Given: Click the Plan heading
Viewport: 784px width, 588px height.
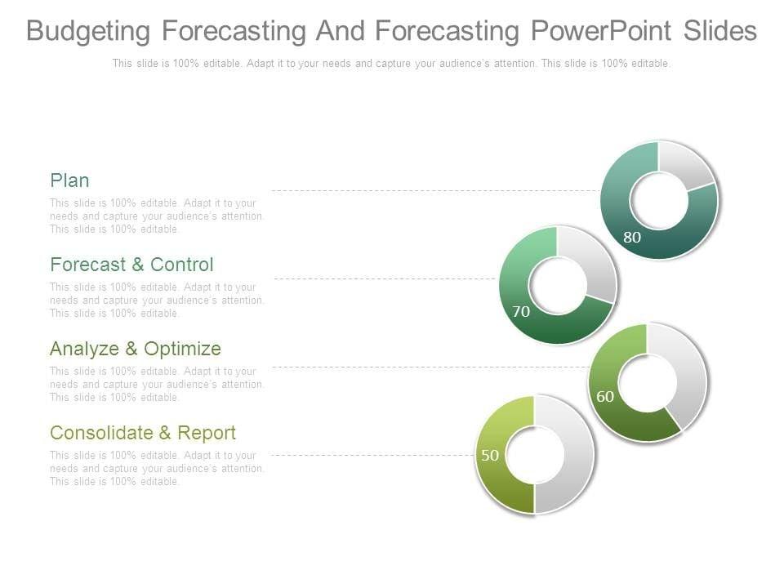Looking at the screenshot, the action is (69, 180).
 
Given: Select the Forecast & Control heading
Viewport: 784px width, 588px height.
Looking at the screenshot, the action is (131, 265).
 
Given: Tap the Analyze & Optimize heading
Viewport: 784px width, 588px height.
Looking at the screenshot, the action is (135, 349).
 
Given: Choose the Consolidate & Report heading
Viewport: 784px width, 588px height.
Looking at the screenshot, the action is (142, 433).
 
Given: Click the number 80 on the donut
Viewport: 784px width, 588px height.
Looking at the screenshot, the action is (632, 237).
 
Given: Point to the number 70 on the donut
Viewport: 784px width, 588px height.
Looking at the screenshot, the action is (521, 311).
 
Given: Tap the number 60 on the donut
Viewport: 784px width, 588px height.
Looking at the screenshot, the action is (605, 397).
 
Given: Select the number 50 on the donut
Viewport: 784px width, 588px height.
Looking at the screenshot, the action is (490, 455).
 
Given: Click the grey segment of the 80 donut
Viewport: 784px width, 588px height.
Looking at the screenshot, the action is (687, 164).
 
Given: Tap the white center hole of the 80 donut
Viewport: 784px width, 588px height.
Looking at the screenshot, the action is (659, 200).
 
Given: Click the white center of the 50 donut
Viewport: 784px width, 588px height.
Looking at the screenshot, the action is (534, 455).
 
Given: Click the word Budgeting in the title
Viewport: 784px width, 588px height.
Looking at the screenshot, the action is (88, 31).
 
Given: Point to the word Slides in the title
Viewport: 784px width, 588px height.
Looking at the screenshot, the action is (720, 30).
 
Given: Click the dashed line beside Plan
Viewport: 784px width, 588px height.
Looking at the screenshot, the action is (436, 190).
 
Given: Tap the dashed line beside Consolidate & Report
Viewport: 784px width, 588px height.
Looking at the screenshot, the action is (372, 455).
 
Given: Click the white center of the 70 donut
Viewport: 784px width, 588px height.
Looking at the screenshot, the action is (558, 286).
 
